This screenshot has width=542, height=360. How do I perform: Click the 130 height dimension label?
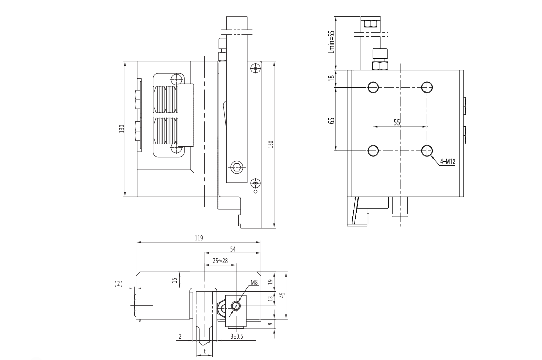(x=122, y=129)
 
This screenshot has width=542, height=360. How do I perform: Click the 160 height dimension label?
(x=271, y=144)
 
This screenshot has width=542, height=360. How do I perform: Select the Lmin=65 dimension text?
(x=332, y=41)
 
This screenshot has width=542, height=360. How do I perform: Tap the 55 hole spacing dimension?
(x=397, y=123)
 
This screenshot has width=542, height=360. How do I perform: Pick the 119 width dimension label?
(x=199, y=238)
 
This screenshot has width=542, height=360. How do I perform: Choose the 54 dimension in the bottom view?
(x=233, y=249)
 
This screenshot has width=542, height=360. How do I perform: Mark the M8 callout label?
(x=254, y=283)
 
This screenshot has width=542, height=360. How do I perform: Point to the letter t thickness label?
(x=204, y=351)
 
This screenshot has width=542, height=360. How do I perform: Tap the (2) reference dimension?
(x=118, y=283)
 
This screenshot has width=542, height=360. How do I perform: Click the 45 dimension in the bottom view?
(x=282, y=295)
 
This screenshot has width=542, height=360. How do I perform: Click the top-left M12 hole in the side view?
(x=373, y=88)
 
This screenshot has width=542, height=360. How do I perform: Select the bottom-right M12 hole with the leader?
(x=427, y=150)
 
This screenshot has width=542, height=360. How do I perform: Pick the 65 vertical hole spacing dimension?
(x=332, y=120)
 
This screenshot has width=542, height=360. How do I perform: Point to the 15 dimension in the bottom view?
(x=174, y=280)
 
